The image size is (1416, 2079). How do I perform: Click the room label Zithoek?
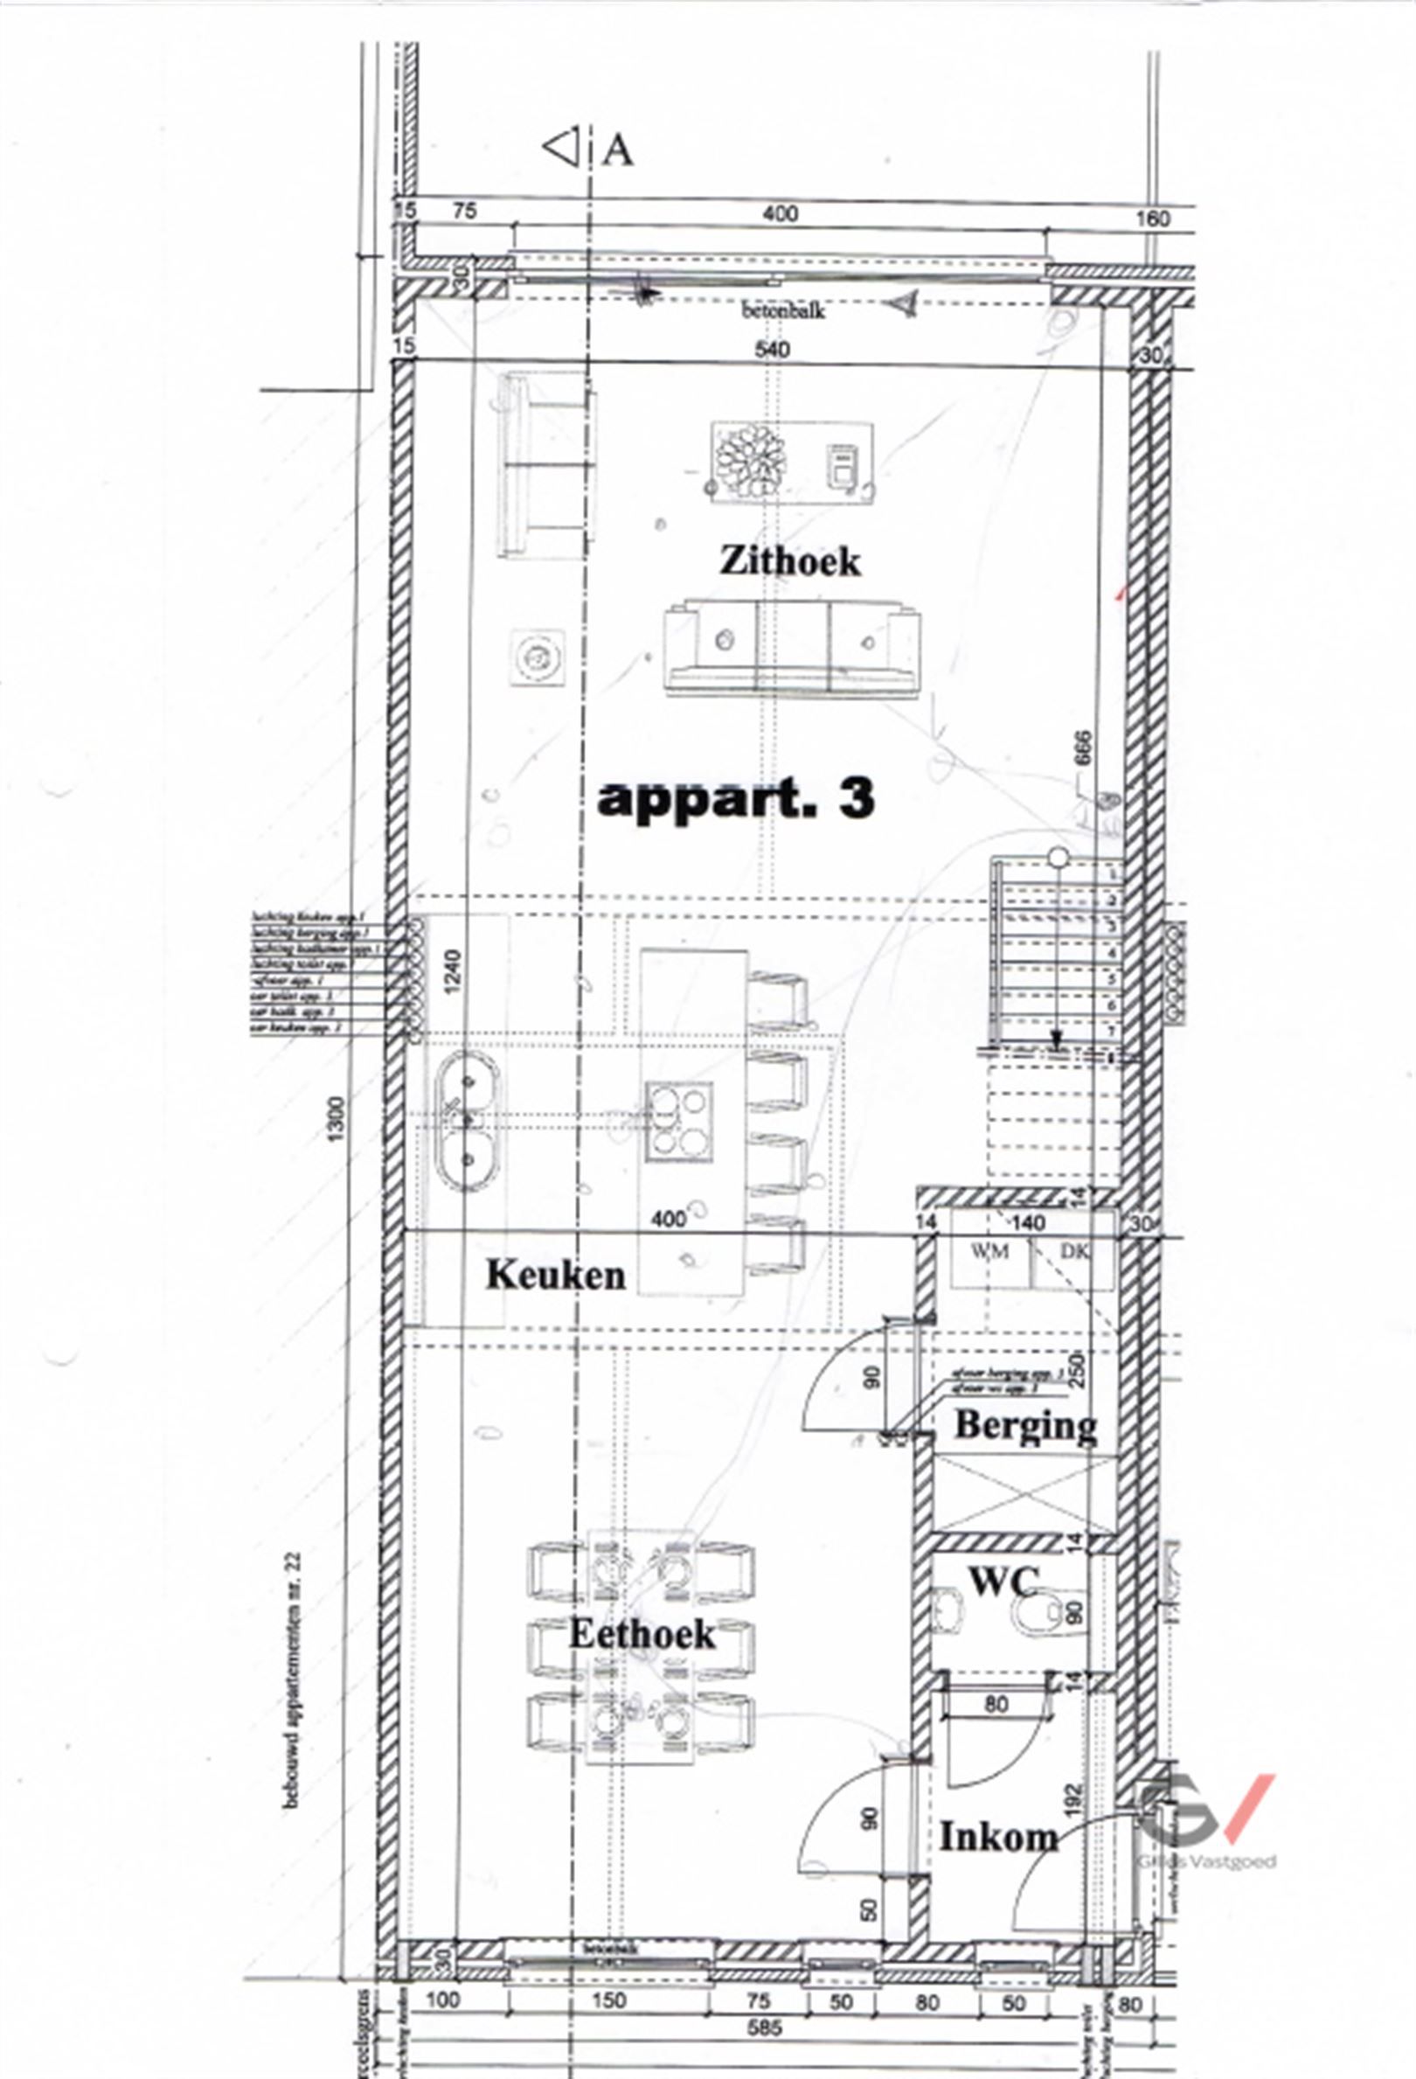(x=790, y=561)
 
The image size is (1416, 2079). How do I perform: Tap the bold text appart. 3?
(x=735, y=798)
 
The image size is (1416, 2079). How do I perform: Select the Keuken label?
(x=556, y=1275)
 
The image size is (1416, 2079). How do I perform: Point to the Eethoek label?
(x=642, y=1633)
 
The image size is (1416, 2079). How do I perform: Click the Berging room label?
(x=1025, y=1426)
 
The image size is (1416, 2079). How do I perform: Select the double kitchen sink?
(x=464, y=1118)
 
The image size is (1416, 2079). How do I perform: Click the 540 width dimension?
(x=772, y=349)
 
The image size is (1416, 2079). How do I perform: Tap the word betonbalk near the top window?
(x=782, y=311)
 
